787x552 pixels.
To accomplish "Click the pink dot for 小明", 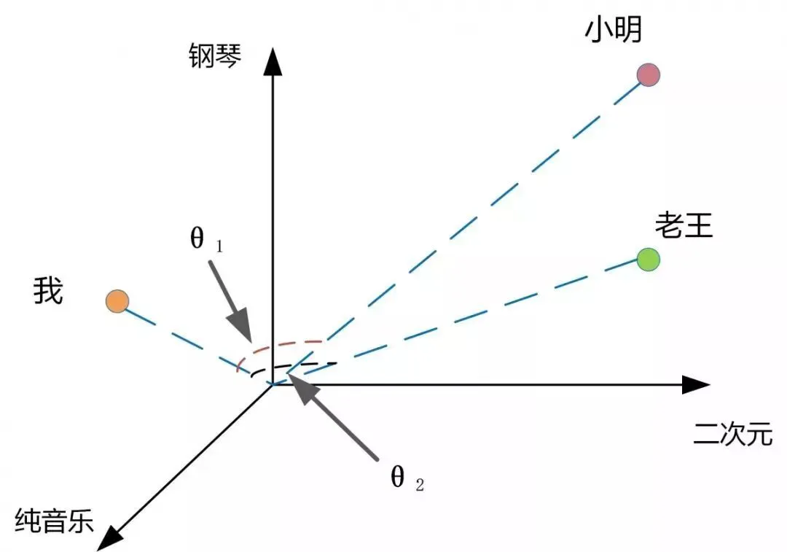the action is click(x=648, y=74).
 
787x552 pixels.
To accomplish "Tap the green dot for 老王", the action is click(x=648, y=259).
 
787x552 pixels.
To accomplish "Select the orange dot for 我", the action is click(x=117, y=301).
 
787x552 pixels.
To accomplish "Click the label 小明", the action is click(x=613, y=30).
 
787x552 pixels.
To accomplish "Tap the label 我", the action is click(x=48, y=292).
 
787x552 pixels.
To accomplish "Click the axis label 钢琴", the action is click(x=214, y=55).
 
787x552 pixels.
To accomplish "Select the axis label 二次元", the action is click(x=732, y=435).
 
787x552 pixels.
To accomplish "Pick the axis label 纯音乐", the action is click(x=55, y=521).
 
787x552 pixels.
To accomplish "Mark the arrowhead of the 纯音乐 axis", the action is click(x=109, y=537).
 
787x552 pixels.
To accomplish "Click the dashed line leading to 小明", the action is click(x=466, y=226).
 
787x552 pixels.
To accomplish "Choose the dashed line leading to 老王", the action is click(x=466, y=316).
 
